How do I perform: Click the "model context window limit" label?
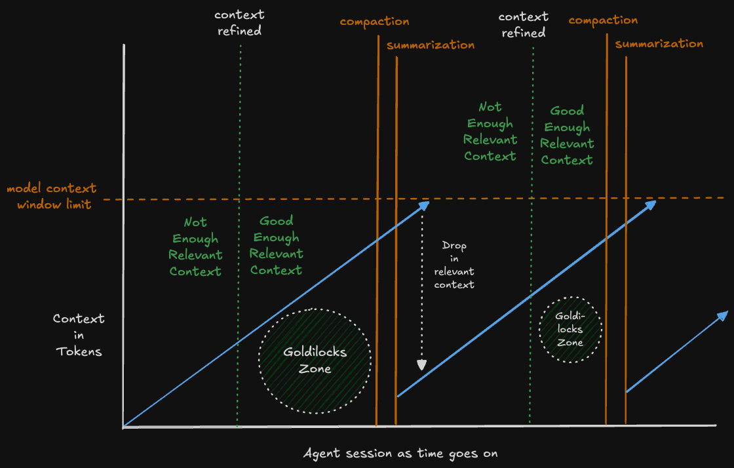click(51, 196)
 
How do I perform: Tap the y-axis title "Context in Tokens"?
click(79, 335)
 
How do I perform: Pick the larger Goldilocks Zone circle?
click(315, 361)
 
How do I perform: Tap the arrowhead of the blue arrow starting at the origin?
click(425, 205)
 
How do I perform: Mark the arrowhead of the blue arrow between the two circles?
click(651, 205)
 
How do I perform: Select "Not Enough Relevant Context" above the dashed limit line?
click(490, 131)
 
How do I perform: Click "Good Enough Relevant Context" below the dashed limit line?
click(277, 245)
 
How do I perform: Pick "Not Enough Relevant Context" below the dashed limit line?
click(195, 246)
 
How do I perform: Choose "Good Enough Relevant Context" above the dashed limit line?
click(567, 135)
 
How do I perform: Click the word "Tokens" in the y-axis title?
click(79, 351)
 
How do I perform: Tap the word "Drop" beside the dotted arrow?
click(455, 246)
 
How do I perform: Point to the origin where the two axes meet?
click(123, 427)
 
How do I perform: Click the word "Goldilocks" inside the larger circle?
click(315, 352)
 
